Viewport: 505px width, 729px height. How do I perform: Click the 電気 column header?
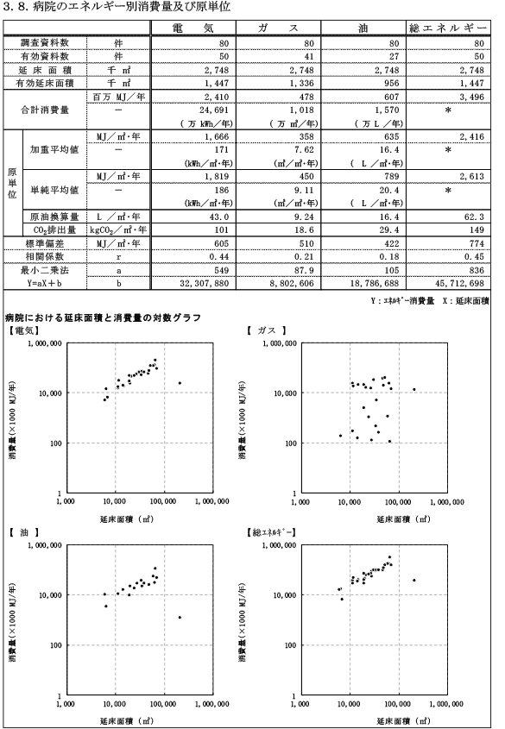[x=193, y=28]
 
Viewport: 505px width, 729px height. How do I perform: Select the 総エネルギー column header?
[x=448, y=28]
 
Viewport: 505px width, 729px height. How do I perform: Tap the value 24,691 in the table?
[x=214, y=110]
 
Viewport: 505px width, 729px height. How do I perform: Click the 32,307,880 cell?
[x=204, y=283]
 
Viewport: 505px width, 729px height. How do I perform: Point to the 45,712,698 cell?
[x=459, y=283]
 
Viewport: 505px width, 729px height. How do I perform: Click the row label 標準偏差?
[x=45, y=243]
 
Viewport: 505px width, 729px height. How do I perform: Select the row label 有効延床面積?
[x=45, y=83]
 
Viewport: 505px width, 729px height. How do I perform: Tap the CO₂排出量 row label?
[x=54, y=229]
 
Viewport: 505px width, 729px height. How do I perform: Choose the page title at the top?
[x=117, y=7]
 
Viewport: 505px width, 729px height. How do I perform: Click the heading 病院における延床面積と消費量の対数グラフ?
[x=103, y=318]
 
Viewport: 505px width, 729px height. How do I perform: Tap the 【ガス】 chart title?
[x=266, y=330]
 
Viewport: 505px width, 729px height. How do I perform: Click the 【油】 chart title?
[x=23, y=532]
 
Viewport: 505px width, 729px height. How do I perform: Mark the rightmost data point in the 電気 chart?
[x=180, y=383]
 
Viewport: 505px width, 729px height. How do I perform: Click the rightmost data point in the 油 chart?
[x=180, y=618]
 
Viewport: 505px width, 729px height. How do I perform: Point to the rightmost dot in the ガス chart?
[x=414, y=390]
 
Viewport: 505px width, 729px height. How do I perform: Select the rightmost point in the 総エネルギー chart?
[x=414, y=581]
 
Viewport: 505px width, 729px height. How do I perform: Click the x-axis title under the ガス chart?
[x=403, y=518]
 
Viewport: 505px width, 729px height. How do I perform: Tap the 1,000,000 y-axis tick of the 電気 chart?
[x=46, y=343]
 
